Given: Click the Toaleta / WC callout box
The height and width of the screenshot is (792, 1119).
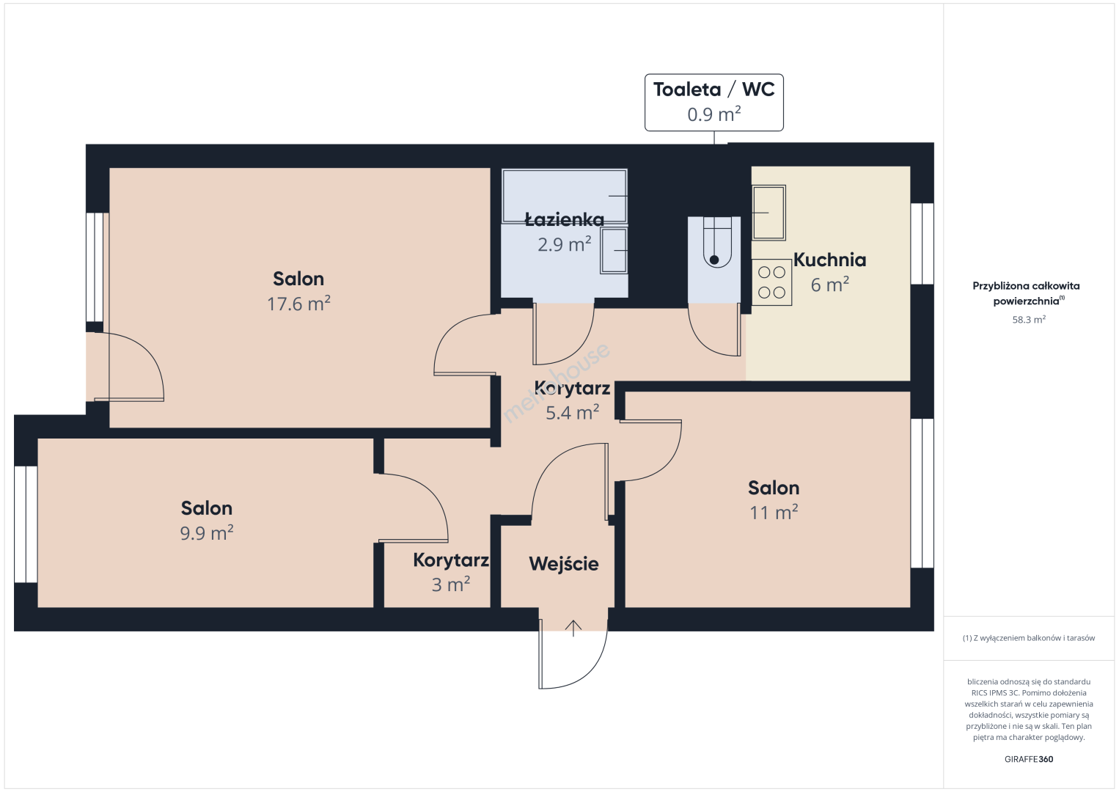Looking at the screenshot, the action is (x=714, y=103).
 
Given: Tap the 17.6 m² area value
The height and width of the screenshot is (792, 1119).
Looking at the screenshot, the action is (x=298, y=304).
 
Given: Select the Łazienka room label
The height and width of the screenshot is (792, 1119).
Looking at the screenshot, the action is (x=565, y=219).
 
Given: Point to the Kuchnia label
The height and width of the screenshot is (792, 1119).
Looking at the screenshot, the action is (x=830, y=260).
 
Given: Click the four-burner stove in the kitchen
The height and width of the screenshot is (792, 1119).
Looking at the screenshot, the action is (x=772, y=282).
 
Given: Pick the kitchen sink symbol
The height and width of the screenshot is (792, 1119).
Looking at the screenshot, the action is (x=769, y=213).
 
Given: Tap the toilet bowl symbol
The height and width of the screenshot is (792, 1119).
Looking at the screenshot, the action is (x=714, y=242).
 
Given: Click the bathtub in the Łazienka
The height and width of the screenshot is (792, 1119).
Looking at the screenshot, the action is (x=565, y=196).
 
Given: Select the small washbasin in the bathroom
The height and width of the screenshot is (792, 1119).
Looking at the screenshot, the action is (x=614, y=250).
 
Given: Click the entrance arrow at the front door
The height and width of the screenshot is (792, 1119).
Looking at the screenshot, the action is (x=573, y=628).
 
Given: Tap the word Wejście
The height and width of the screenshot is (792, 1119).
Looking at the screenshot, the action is (x=564, y=564).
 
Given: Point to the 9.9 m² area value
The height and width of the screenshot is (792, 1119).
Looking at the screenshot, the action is (x=207, y=533).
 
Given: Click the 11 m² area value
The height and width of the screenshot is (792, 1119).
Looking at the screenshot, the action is (x=774, y=513).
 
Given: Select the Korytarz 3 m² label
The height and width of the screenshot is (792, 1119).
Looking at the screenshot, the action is (x=451, y=572).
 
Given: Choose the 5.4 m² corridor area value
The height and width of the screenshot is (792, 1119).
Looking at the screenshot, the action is (x=573, y=413).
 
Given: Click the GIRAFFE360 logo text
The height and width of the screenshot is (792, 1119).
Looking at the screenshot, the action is (x=1029, y=759).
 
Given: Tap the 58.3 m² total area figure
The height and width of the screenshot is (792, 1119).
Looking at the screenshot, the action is (x=1029, y=320).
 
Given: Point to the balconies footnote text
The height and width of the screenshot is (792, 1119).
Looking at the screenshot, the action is (x=1029, y=638).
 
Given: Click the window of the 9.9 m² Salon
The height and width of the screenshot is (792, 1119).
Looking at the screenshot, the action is (x=26, y=524).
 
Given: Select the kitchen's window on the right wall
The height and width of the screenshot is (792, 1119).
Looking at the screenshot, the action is (x=922, y=243).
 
